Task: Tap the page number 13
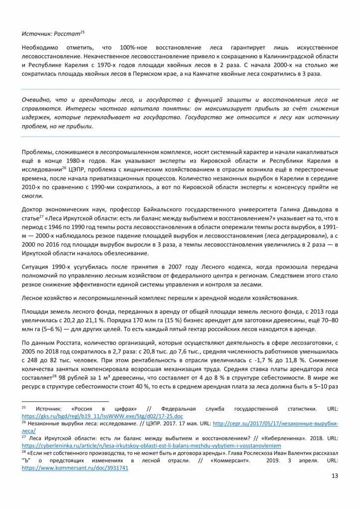(333, 476)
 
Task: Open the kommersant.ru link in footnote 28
(75, 468)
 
